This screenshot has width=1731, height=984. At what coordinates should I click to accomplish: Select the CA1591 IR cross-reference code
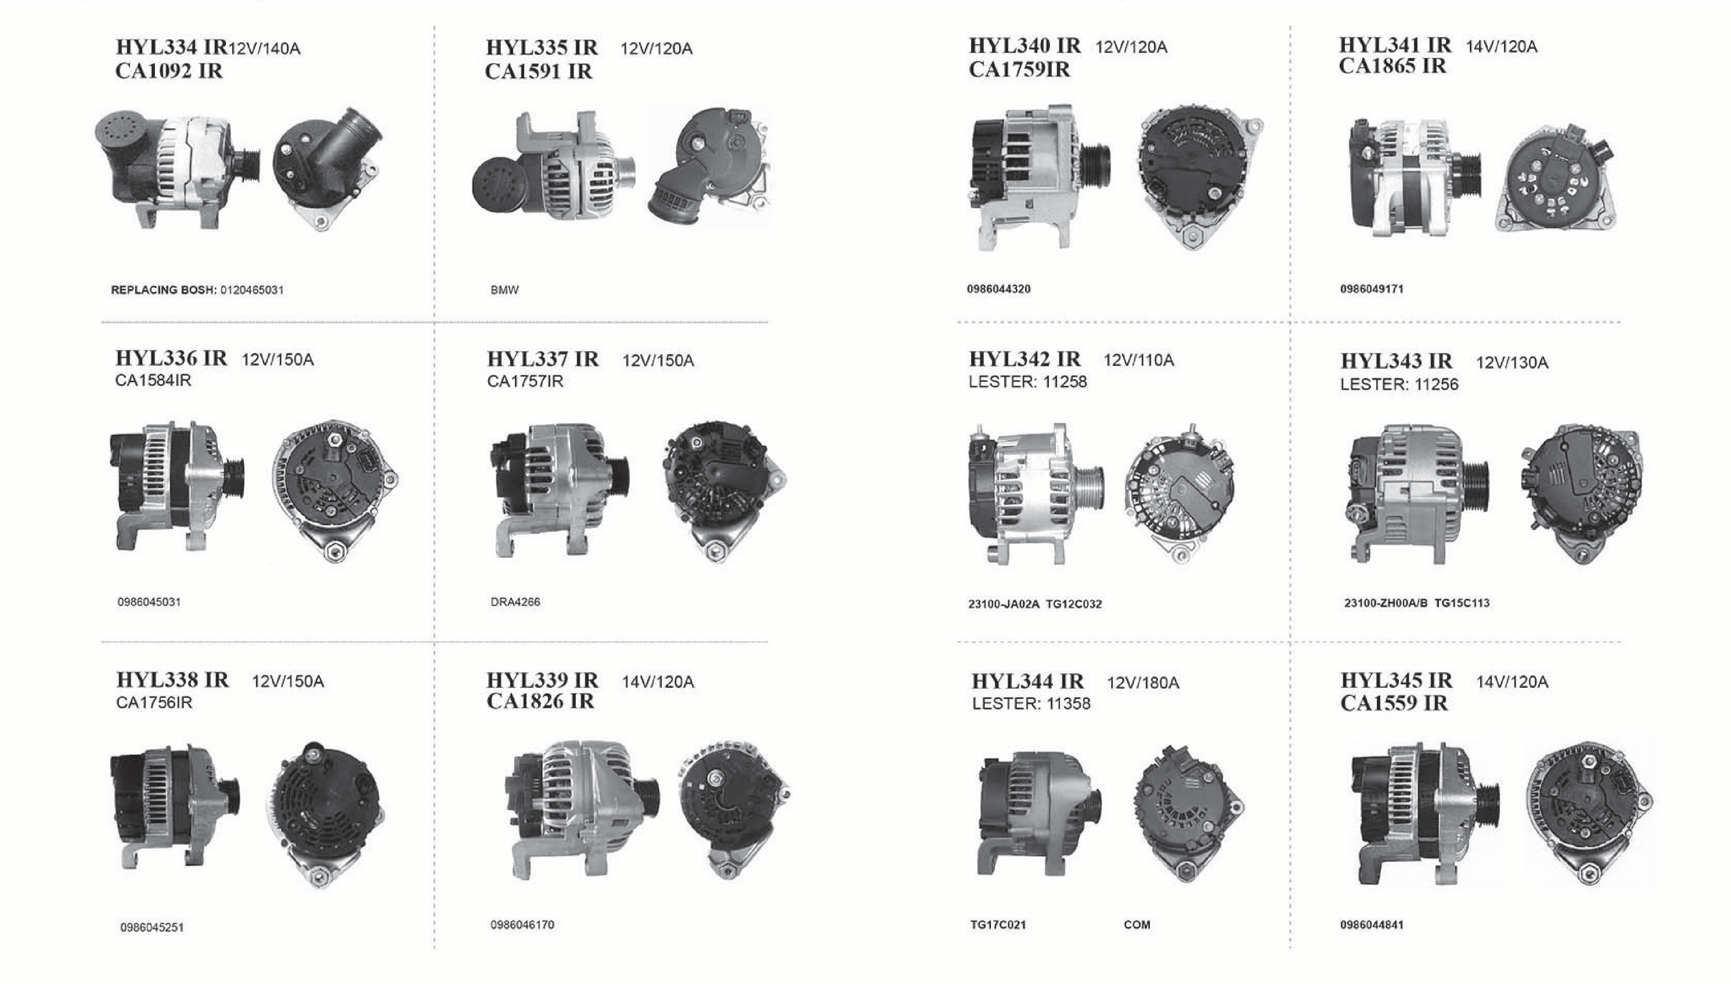[x=538, y=71]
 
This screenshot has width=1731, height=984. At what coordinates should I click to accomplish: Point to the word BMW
[x=505, y=290]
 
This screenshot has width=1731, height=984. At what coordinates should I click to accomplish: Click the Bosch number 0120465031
[x=252, y=290]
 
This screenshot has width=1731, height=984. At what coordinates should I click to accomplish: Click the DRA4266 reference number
[x=516, y=602]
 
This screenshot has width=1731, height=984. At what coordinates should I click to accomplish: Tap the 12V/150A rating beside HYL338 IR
[x=288, y=681]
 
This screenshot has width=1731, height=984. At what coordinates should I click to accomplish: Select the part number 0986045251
[x=152, y=927]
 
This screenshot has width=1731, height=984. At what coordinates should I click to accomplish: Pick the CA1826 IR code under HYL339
[x=541, y=702]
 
